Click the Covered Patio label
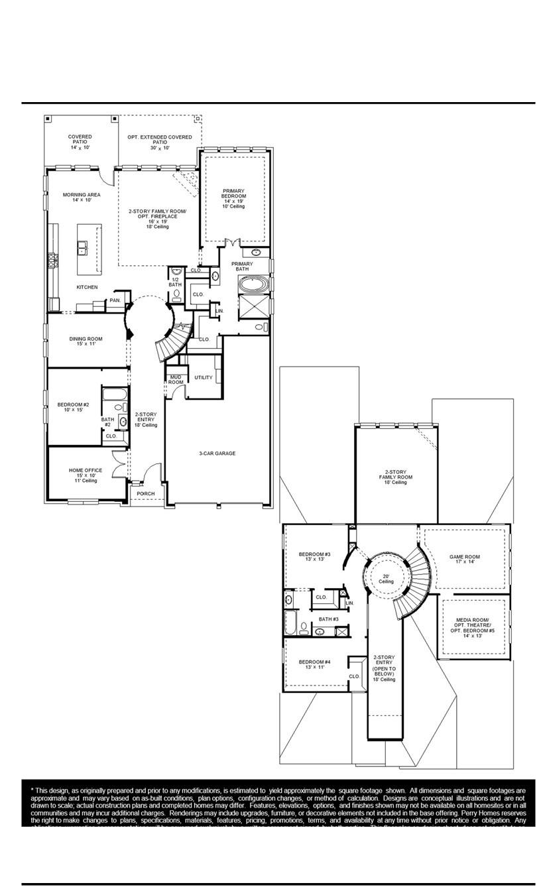pos(80,142)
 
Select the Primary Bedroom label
pos(233,198)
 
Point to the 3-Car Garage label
pos(217,453)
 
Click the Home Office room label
pos(86,475)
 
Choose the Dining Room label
pos(86,341)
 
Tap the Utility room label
pos(204,377)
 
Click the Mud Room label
pos(176,379)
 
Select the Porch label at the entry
pos(145,493)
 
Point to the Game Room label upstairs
pos(464,559)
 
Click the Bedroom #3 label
pos(314,556)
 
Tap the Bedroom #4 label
pos(314,664)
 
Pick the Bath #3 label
pos(328,619)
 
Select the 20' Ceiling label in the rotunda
pos(386,578)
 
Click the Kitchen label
pos(87,287)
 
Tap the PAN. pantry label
pos(115,300)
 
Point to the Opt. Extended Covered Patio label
pos(160,142)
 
